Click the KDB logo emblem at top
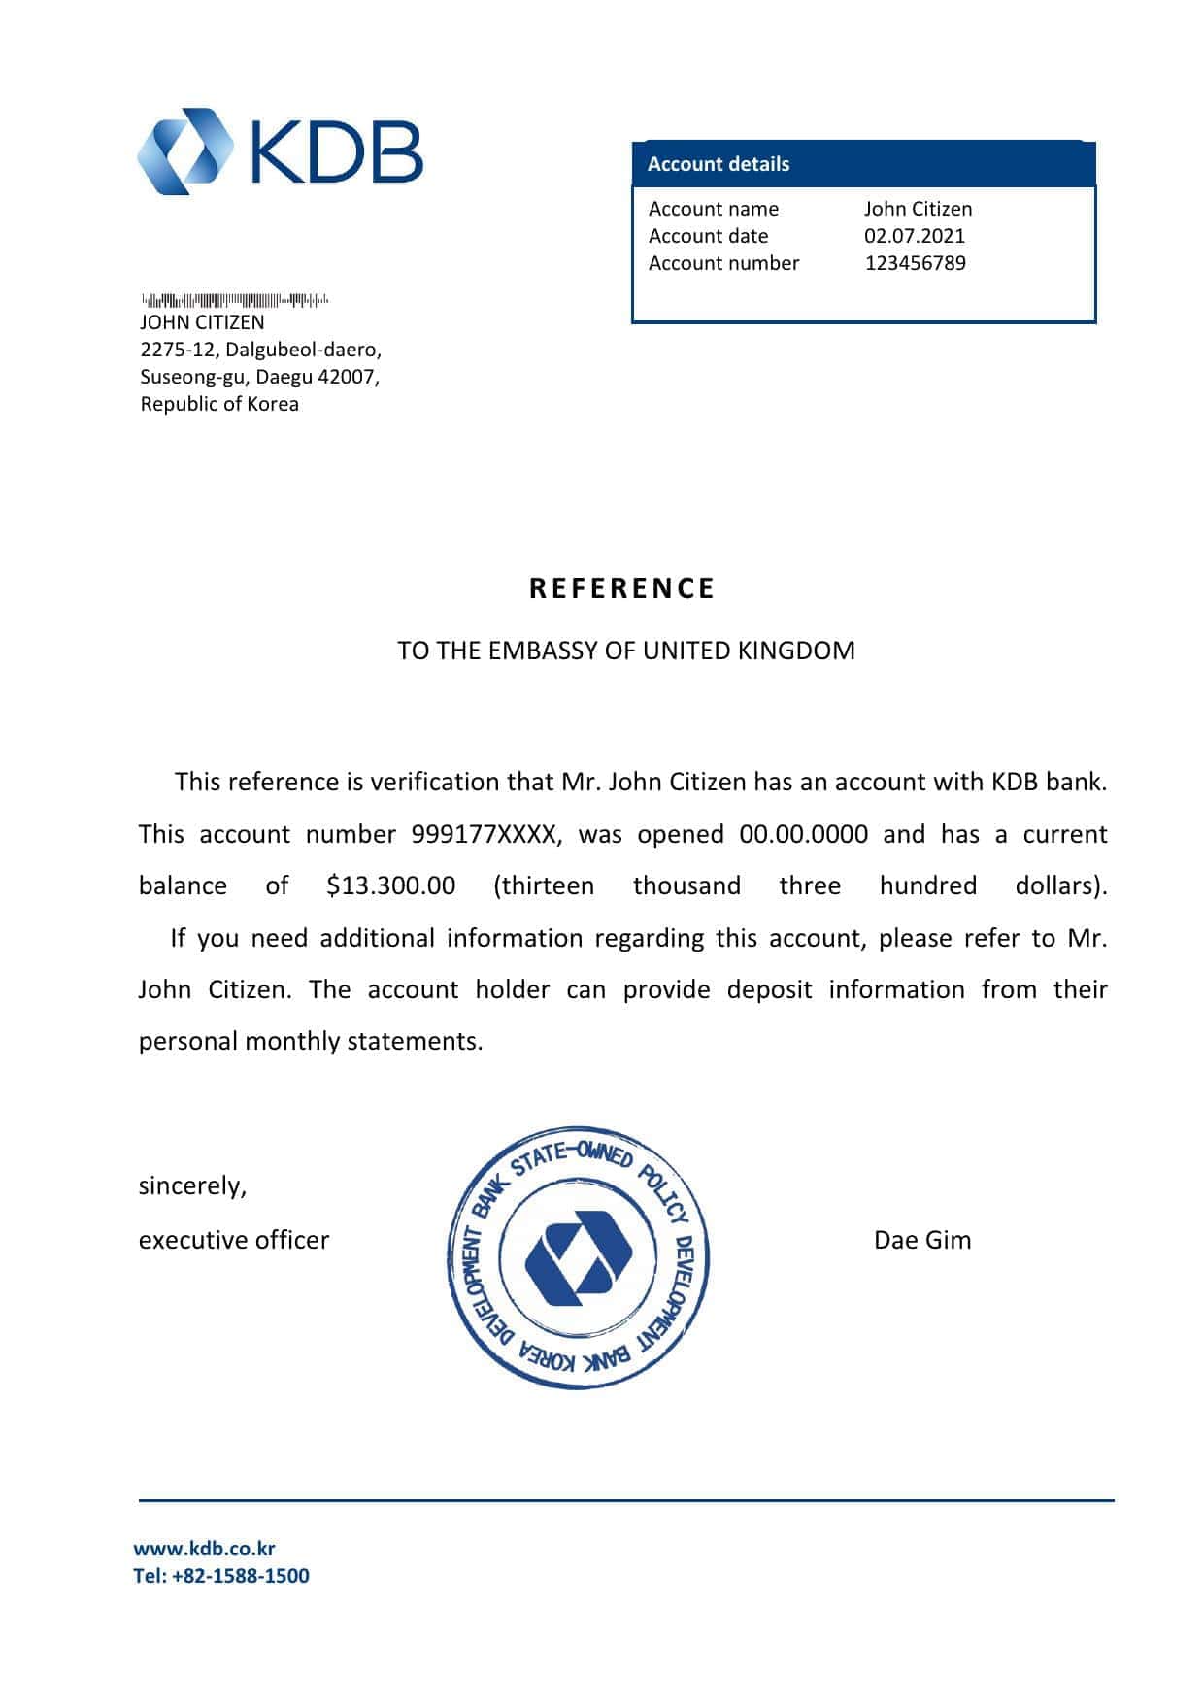pyautogui.click(x=186, y=151)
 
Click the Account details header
pyautogui.click(x=719, y=164)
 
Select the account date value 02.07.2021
pyautogui.click(x=915, y=236)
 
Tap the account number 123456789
pyautogui.click(x=916, y=263)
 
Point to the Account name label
pyautogui.click(x=714, y=209)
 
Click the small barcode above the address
pyautogui.click(x=235, y=300)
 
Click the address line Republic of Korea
pyautogui.click(x=219, y=404)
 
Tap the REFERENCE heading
pyautogui.click(x=622, y=588)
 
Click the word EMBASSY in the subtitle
pyautogui.click(x=543, y=651)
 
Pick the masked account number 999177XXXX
pyautogui.click(x=485, y=834)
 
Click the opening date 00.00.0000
pyautogui.click(x=804, y=834)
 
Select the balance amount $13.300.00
pyautogui.click(x=391, y=885)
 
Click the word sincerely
pyautogui.click(x=192, y=1186)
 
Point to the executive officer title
pyautogui.click(x=234, y=1240)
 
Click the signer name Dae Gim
pyautogui.click(x=922, y=1240)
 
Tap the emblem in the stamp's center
pyautogui.click(x=579, y=1259)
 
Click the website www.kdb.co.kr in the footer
pyautogui.click(x=204, y=1549)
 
